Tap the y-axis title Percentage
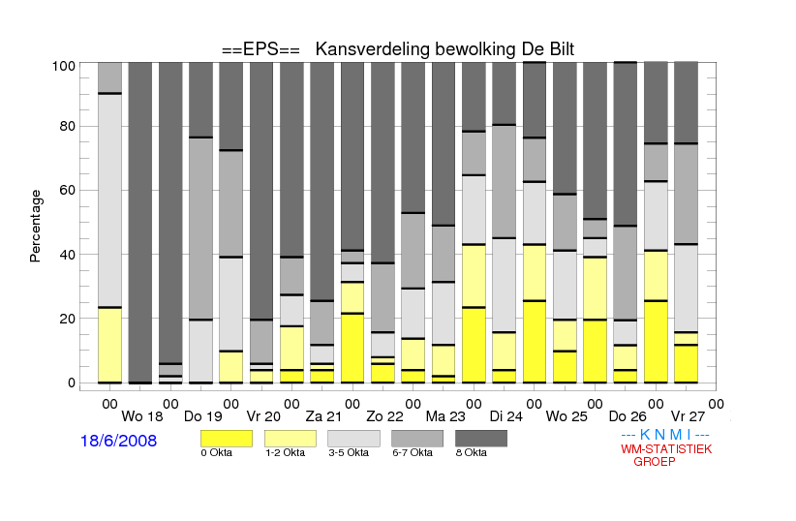coord(35,226)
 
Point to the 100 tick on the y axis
coord(64,66)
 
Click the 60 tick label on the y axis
coord(67,190)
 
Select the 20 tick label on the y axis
coord(67,319)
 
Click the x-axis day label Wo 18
coord(142,416)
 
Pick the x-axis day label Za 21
coord(323,416)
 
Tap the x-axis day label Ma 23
coord(445,416)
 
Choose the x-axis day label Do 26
coord(628,416)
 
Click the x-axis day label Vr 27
coord(688,416)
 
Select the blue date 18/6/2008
coord(119,441)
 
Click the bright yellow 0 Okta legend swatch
coord(227,439)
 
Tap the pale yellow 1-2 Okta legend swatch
coord(291,439)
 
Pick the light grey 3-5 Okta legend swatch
coord(353,439)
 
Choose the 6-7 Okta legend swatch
coord(417,439)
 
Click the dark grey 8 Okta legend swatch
coord(481,439)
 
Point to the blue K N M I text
coord(665,435)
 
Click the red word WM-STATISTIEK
coord(666,449)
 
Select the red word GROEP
coord(655,462)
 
